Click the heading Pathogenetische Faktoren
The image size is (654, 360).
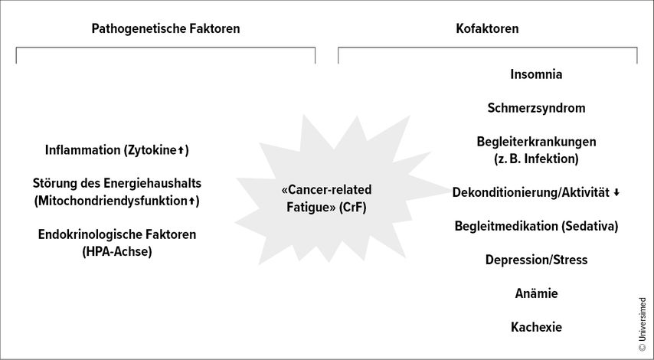click(165, 29)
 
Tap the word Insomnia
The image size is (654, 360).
click(536, 74)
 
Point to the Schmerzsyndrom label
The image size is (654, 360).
click(536, 108)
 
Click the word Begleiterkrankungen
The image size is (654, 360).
click(536, 142)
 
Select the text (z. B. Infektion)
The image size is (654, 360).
click(536, 159)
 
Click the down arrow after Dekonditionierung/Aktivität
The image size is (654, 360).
click(616, 193)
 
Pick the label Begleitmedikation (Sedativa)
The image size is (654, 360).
click(536, 226)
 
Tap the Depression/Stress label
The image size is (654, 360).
click(536, 260)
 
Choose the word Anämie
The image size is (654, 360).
click(536, 293)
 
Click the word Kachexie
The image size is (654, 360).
click(536, 327)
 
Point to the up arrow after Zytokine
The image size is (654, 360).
click(181, 151)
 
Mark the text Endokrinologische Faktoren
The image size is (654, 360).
click(117, 234)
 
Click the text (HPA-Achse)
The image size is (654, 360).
click(117, 251)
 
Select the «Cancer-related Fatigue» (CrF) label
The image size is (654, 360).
click(331, 198)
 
